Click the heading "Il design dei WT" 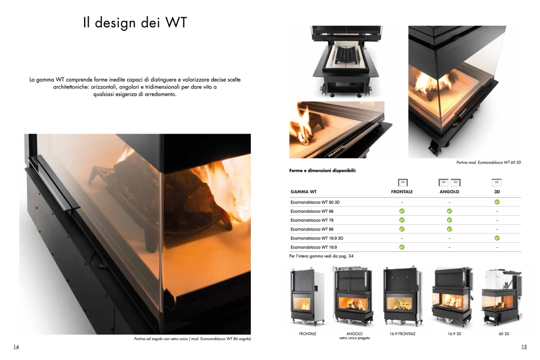point(135,23)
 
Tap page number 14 point(16,347)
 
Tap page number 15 point(524,347)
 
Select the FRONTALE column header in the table point(402,192)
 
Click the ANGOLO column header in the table point(449,192)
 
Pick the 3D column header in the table point(497,192)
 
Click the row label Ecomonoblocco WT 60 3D point(315,202)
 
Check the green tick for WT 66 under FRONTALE point(402,211)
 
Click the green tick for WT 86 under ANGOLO point(449,229)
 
